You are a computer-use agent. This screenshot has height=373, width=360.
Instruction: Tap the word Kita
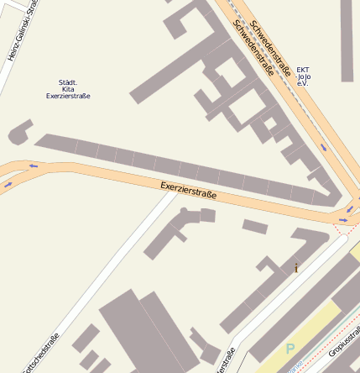click(68, 89)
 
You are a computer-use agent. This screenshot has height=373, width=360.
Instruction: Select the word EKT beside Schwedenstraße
click(303, 71)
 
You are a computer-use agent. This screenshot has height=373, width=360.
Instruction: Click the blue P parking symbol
click(290, 349)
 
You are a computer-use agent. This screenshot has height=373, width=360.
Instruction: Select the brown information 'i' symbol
click(295, 269)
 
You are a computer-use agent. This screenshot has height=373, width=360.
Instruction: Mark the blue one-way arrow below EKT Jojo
click(323, 147)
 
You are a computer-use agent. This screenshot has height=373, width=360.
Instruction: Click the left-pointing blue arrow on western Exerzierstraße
click(34, 165)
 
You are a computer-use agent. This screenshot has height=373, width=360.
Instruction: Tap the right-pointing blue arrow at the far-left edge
click(8, 184)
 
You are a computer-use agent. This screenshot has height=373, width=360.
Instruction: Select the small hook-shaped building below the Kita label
click(20, 131)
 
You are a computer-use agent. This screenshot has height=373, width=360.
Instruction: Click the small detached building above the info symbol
click(255, 226)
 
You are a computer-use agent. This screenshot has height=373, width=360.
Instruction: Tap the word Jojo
click(303, 77)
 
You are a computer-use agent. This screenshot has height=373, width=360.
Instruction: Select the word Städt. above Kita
click(68, 82)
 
